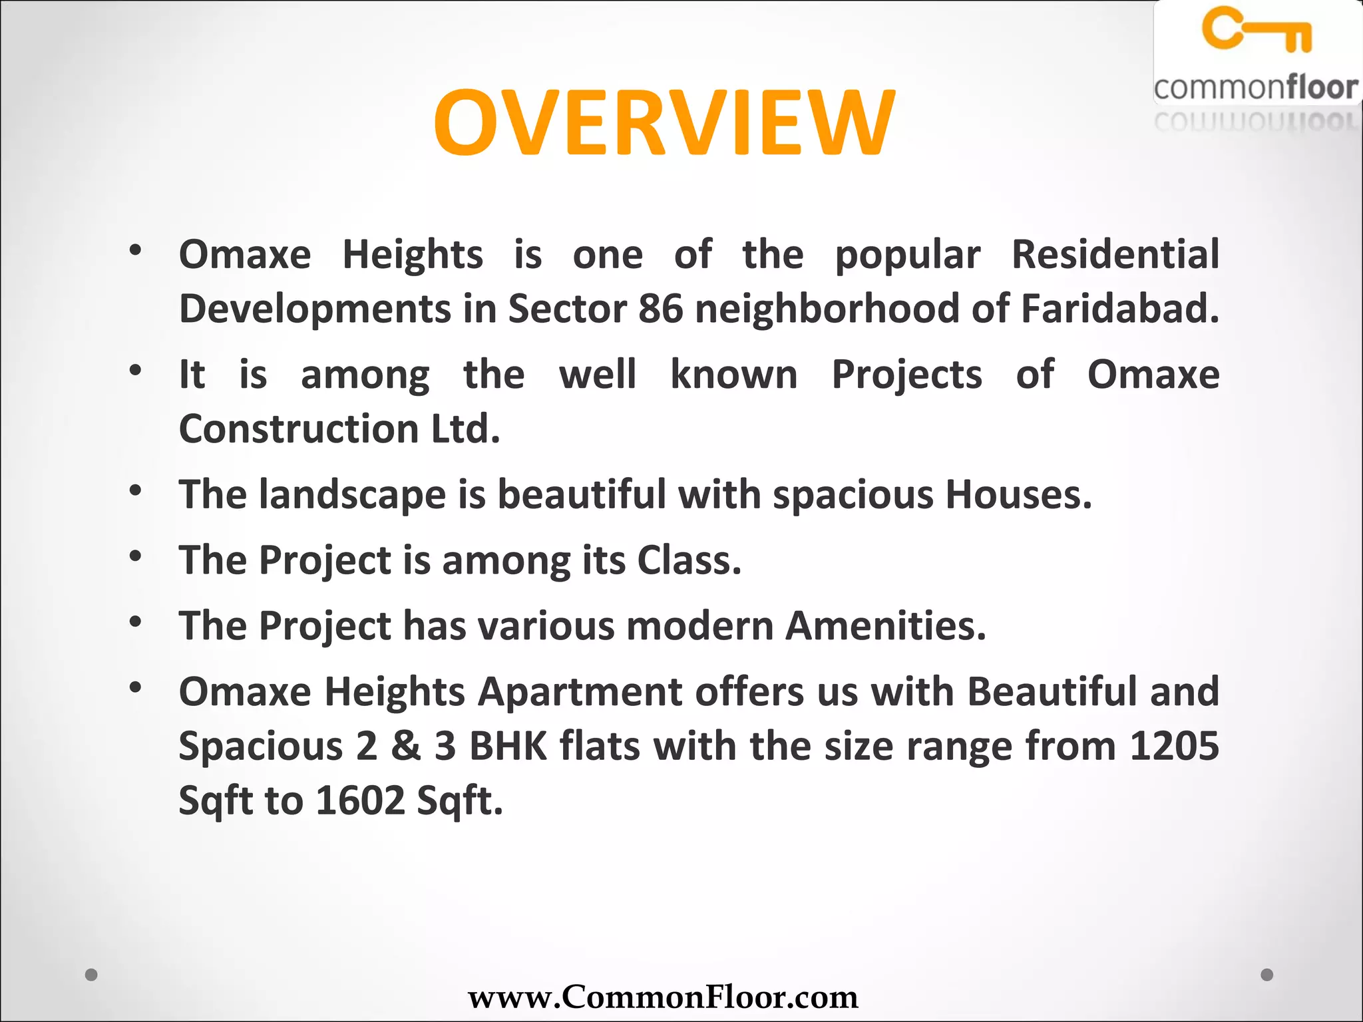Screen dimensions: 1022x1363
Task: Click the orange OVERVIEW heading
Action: [x=664, y=123]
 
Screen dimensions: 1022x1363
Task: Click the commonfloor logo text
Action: [x=1256, y=88]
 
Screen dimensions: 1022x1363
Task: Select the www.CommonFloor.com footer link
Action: [x=663, y=997]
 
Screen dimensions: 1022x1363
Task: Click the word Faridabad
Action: [x=1119, y=309]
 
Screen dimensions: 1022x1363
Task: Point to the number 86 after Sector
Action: [x=660, y=309]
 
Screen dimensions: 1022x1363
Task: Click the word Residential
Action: [x=1115, y=254]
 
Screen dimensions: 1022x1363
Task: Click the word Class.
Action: [x=689, y=560]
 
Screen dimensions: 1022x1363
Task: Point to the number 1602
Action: [x=360, y=800]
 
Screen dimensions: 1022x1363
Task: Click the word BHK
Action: [x=508, y=746]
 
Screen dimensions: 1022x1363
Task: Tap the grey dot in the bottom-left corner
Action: [x=92, y=975]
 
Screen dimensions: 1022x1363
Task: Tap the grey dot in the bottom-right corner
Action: [x=1267, y=975]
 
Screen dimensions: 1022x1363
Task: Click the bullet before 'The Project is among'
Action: [x=136, y=556]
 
